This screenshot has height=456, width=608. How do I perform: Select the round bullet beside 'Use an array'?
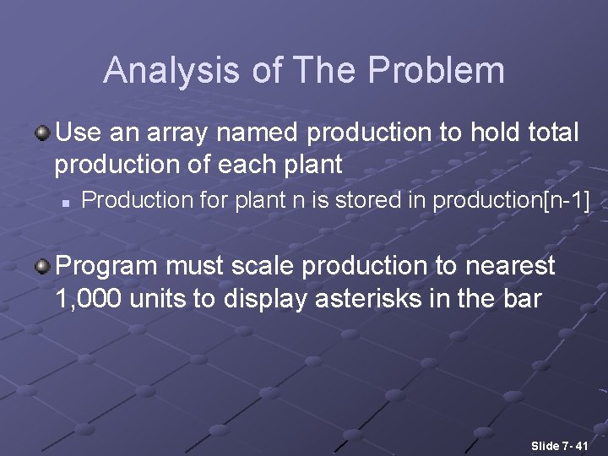42,133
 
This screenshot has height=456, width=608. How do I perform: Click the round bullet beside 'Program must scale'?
42,267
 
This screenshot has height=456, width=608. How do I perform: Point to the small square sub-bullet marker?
64,202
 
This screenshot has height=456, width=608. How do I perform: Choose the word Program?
106,267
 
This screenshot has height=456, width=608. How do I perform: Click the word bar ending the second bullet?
519,298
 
